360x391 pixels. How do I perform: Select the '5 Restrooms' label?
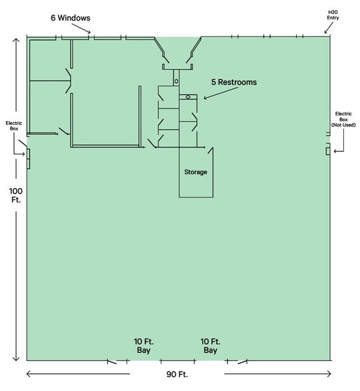point(234,82)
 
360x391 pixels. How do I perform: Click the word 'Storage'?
point(196,172)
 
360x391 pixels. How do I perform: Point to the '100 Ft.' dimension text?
point(15,197)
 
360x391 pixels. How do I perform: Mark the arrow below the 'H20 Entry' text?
point(327,28)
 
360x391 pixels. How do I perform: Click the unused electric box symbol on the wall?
point(328,151)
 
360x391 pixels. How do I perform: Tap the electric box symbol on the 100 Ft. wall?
point(27,154)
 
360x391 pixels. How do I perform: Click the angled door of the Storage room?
point(210,160)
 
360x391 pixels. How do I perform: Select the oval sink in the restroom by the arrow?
point(188,97)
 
